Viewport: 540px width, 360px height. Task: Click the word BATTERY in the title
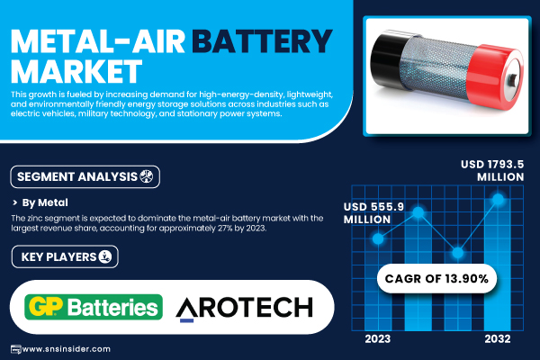pyautogui.click(x=262, y=41)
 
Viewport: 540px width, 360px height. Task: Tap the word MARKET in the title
pyautogui.click(x=76, y=71)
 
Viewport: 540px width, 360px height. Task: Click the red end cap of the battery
pyautogui.click(x=495, y=76)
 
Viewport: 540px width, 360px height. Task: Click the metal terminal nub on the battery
pyautogui.click(x=513, y=80)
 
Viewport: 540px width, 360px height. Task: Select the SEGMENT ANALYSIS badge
pyautogui.click(x=85, y=176)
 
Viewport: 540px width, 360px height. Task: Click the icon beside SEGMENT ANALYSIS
pyautogui.click(x=147, y=176)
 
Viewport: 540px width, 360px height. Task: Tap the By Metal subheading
pyautogui.click(x=45, y=202)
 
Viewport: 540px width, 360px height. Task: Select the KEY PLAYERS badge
pyautogui.click(x=65, y=256)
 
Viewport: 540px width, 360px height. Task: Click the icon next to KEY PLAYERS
pyautogui.click(x=105, y=256)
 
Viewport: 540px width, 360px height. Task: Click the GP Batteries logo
pyautogui.click(x=94, y=307)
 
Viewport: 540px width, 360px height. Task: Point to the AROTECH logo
pyautogui.click(x=244, y=308)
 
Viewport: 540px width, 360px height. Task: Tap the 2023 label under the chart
pyautogui.click(x=378, y=339)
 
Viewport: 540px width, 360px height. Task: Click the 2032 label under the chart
pyautogui.click(x=498, y=339)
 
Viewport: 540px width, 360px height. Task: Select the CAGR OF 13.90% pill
pyautogui.click(x=436, y=278)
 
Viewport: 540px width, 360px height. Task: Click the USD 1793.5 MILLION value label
pyautogui.click(x=492, y=170)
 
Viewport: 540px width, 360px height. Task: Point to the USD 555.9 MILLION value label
pyautogui.click(x=373, y=213)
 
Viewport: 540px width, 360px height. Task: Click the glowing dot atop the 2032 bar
pyautogui.click(x=498, y=199)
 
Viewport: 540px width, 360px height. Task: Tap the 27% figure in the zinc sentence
pyautogui.click(x=225, y=228)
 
